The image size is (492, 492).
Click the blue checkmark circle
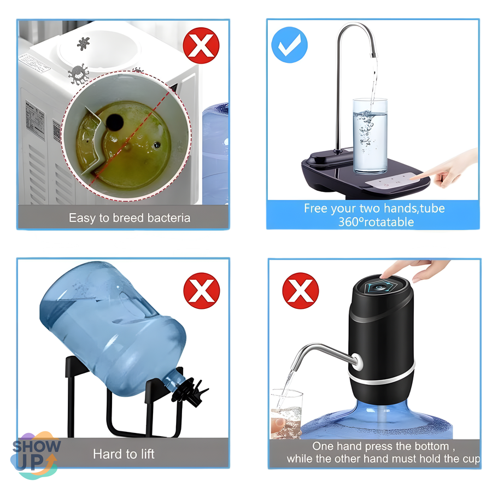[x=289, y=45]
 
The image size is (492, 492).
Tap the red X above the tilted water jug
[x=201, y=291]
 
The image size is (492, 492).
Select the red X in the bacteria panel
[x=201, y=45]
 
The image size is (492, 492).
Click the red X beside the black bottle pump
[x=300, y=291]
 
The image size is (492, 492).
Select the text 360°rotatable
[x=376, y=222]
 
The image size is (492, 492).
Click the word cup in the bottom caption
[x=471, y=459]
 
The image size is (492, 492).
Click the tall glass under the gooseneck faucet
[x=370, y=136]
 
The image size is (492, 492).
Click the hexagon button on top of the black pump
[x=380, y=287]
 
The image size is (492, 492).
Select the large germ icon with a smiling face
[x=78, y=74]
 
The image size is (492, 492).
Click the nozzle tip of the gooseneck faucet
[x=374, y=56]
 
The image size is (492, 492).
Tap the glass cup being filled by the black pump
[x=286, y=414]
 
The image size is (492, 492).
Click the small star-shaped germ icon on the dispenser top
[x=84, y=44]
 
